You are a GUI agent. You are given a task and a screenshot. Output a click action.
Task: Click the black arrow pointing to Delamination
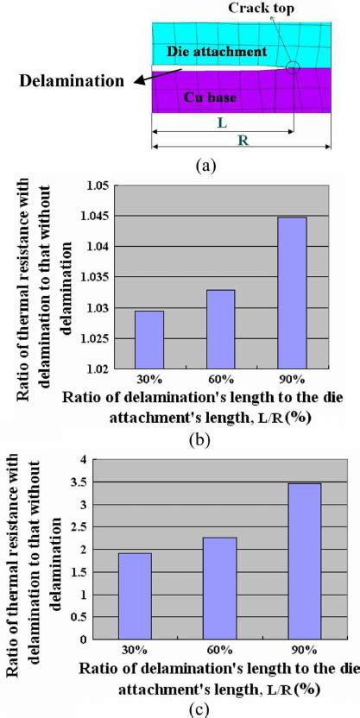(148, 78)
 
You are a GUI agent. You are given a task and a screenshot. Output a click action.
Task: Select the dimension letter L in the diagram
(222, 123)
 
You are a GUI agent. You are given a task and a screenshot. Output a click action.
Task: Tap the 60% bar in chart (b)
(221, 329)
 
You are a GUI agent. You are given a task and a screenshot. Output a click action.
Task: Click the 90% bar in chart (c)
(304, 561)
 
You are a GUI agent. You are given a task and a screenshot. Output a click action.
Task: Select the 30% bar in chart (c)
(135, 595)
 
